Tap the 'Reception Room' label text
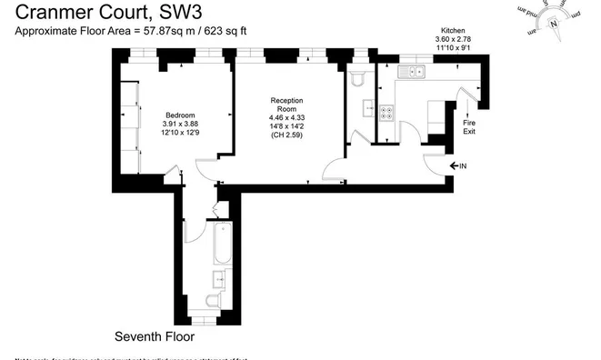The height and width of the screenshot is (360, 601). click(285, 105)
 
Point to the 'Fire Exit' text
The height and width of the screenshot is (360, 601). click(469, 127)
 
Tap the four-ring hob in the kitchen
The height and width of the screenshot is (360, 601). click(386, 114)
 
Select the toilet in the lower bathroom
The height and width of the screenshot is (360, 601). click(212, 303)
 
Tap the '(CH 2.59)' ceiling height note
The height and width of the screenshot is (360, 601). click(285, 135)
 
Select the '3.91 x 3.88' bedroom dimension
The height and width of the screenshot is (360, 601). click(179, 125)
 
